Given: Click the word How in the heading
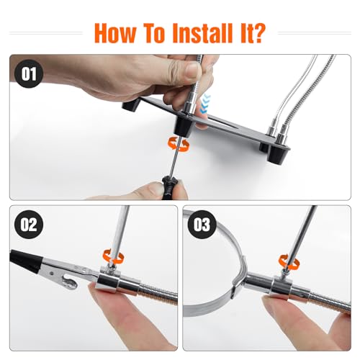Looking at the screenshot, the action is pyautogui.click(x=115, y=33).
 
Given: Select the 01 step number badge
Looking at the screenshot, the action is pyautogui.click(x=29, y=73).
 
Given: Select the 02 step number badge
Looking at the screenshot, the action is pyautogui.click(x=29, y=225).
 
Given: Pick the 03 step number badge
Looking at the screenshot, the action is pyautogui.click(x=202, y=225).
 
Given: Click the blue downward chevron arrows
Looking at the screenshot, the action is pyautogui.click(x=204, y=104).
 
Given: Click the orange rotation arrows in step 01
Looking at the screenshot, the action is pyautogui.click(x=179, y=143).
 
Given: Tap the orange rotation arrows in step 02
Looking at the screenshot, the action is pyautogui.click(x=113, y=257).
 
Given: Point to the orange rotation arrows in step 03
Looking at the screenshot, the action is pyautogui.click(x=289, y=261).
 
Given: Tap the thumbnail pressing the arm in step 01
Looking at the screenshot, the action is pyautogui.click(x=193, y=69).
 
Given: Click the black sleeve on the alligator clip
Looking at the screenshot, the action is pyautogui.click(x=25, y=261).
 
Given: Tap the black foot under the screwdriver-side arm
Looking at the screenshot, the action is pyautogui.click(x=184, y=126).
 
